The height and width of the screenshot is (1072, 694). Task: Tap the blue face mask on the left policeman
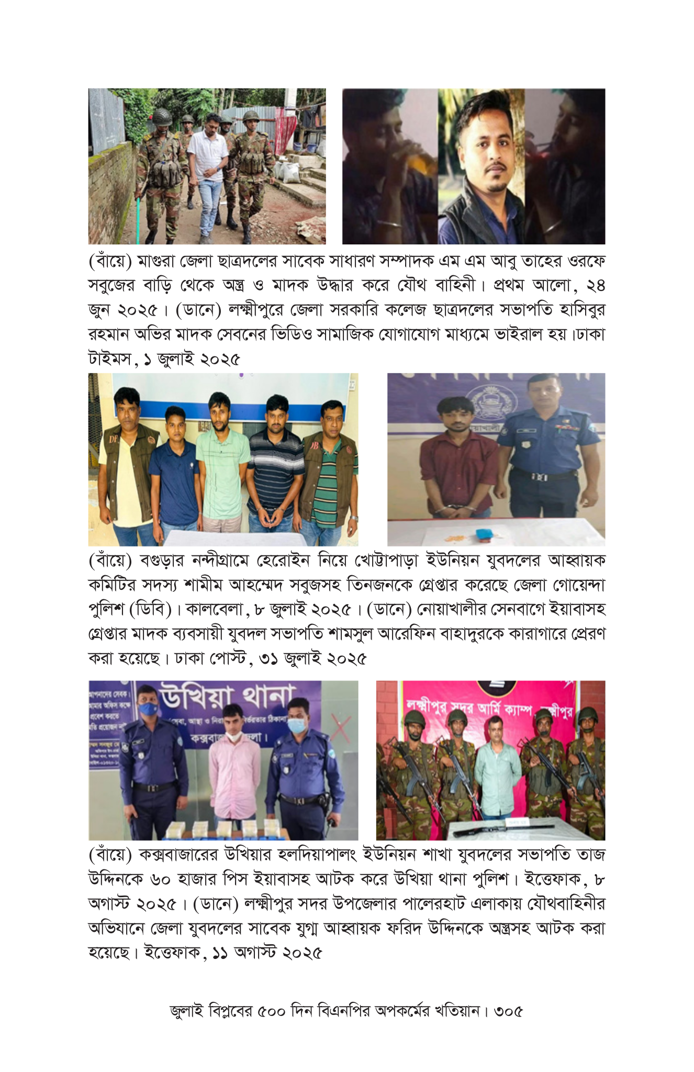click(x=148, y=708)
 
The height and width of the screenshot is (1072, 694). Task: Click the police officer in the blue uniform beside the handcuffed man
click(x=544, y=455)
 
